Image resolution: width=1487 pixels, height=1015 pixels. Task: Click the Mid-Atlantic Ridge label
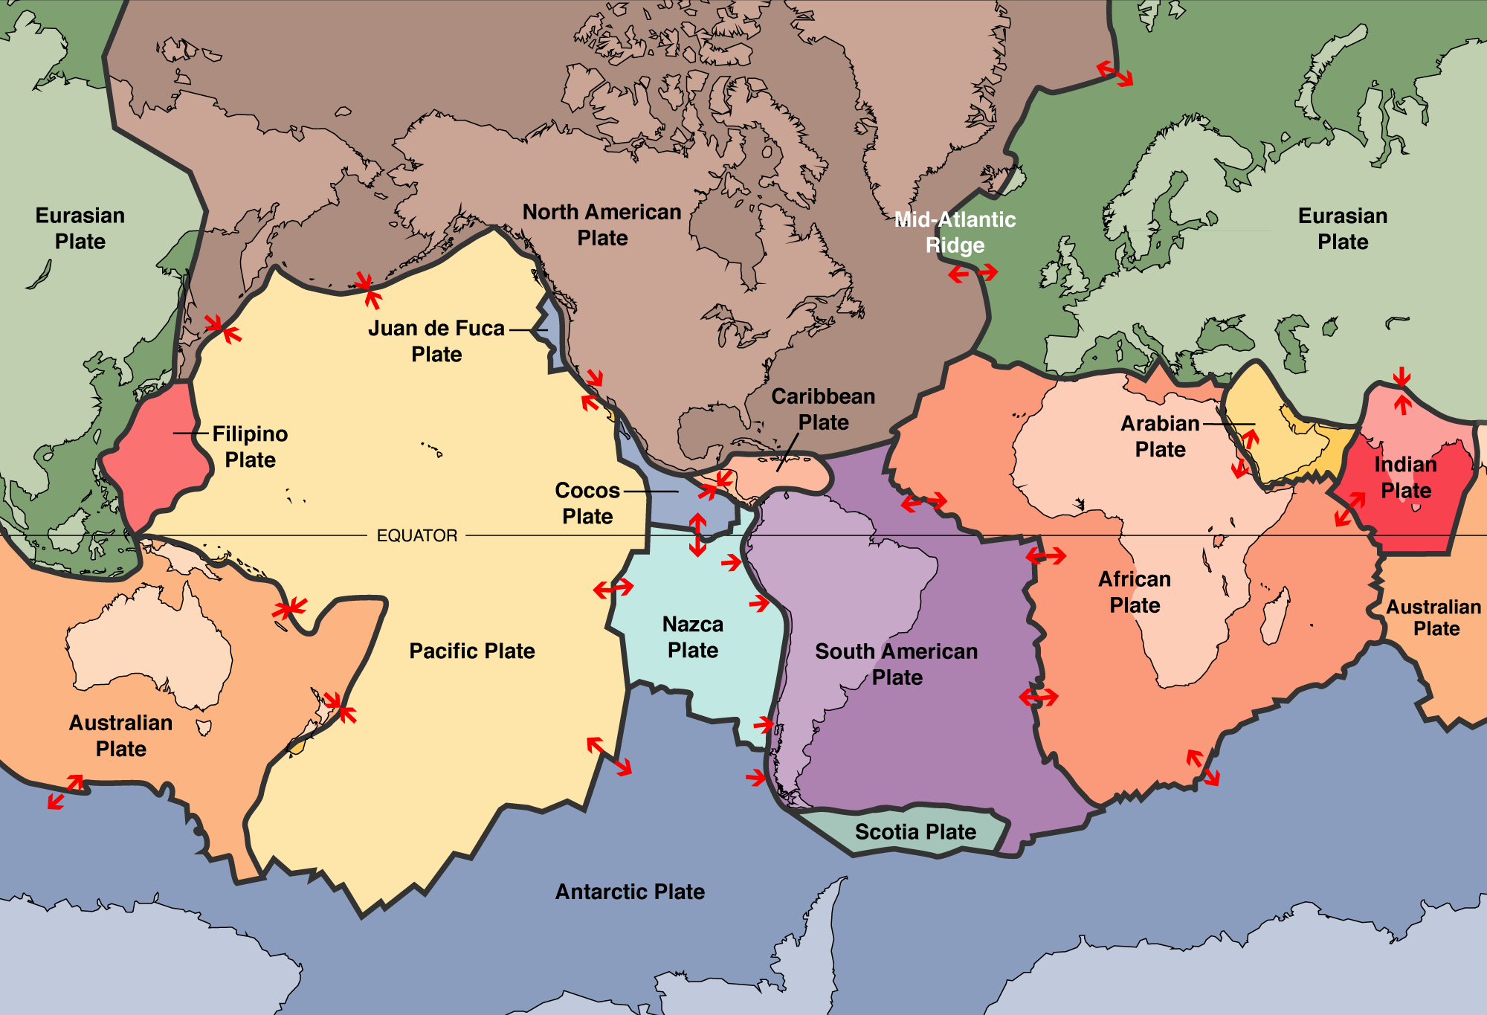point(955,232)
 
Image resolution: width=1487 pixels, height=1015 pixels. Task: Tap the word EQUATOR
point(416,535)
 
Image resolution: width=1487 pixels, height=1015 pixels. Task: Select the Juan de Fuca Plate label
point(436,341)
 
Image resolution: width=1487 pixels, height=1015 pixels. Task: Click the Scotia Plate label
point(915,831)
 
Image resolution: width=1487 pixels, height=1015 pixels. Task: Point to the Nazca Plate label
point(693,637)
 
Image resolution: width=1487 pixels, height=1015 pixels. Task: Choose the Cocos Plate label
point(587,503)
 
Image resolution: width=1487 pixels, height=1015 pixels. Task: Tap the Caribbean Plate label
point(823,409)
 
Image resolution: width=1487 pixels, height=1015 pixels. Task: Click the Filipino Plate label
point(250,446)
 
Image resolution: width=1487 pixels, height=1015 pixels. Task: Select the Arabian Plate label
point(1160,436)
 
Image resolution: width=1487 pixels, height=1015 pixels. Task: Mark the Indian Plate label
point(1405,477)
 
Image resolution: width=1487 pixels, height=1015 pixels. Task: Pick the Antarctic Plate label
point(630,891)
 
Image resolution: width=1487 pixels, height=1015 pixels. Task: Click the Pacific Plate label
point(472,651)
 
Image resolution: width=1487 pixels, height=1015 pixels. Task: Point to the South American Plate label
point(897,664)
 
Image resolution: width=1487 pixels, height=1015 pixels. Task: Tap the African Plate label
point(1135,592)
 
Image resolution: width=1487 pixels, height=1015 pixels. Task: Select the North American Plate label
point(602,225)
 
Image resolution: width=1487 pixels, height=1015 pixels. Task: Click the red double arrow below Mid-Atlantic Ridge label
point(972,274)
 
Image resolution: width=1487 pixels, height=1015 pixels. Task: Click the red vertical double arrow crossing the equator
point(697,535)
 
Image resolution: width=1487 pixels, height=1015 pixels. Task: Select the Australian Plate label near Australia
point(120,735)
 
